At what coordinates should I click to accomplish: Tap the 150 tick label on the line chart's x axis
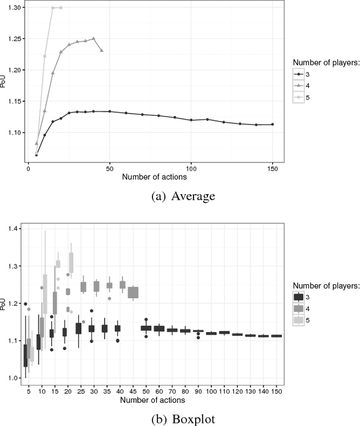(272, 168)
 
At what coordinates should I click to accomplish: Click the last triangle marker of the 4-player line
(102, 50)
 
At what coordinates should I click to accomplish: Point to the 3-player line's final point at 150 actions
(272, 124)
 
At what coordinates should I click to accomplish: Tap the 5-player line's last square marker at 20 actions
(61, 8)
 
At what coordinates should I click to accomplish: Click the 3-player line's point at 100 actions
(191, 120)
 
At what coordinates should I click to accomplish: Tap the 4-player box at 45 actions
(133, 293)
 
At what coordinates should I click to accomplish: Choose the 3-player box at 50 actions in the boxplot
(146, 328)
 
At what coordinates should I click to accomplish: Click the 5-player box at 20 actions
(71, 262)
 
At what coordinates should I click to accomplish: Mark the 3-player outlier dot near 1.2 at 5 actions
(25, 304)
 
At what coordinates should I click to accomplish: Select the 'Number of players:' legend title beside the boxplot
(326, 285)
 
